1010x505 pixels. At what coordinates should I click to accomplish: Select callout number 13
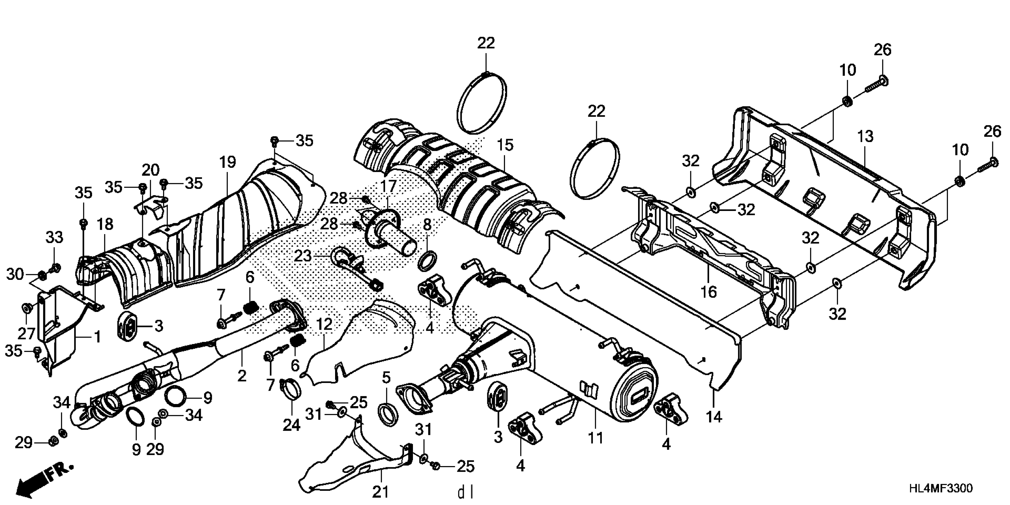tap(865, 136)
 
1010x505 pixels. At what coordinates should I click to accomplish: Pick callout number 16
tap(709, 292)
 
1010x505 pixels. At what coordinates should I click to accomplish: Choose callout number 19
tap(228, 162)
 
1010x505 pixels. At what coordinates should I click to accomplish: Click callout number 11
tap(595, 438)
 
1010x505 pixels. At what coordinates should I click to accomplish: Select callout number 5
tap(386, 378)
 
